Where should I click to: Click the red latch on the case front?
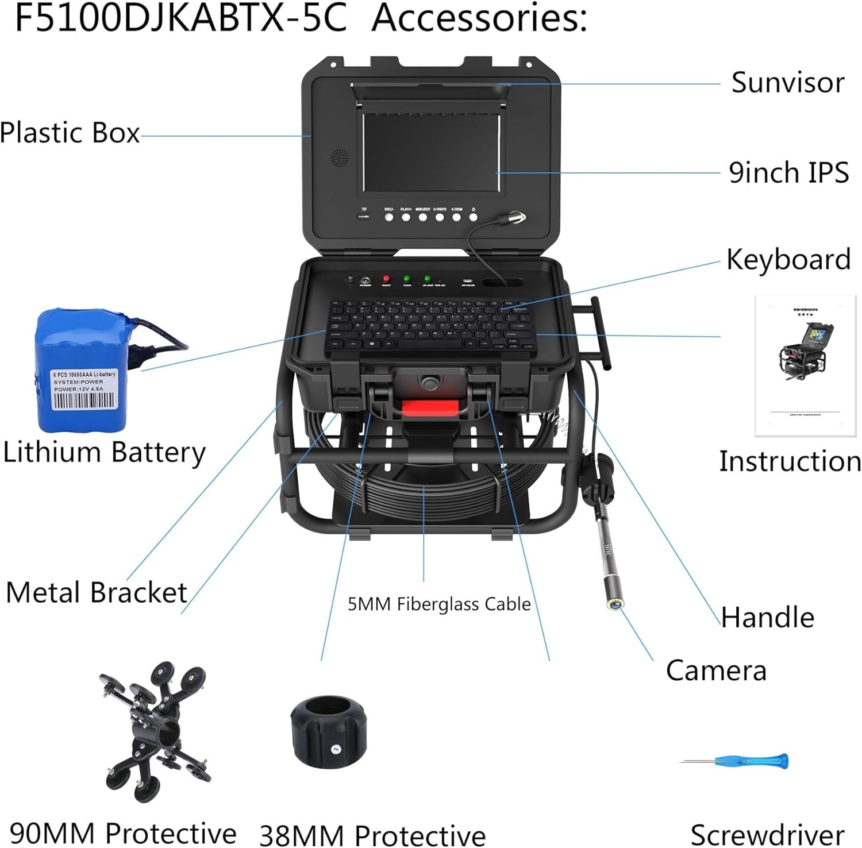click(x=430, y=408)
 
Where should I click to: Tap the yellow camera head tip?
click(x=616, y=603)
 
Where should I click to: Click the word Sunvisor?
click(x=788, y=83)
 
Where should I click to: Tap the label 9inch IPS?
click(x=788, y=172)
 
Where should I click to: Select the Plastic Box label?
click(x=70, y=133)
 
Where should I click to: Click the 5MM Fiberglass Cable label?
click(x=439, y=604)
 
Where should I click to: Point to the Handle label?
click(x=768, y=618)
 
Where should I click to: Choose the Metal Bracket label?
click(x=97, y=592)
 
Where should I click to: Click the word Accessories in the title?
click(x=480, y=18)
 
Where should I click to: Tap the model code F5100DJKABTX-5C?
click(x=180, y=18)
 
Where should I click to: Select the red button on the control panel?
click(x=386, y=279)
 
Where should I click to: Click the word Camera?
click(x=716, y=670)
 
